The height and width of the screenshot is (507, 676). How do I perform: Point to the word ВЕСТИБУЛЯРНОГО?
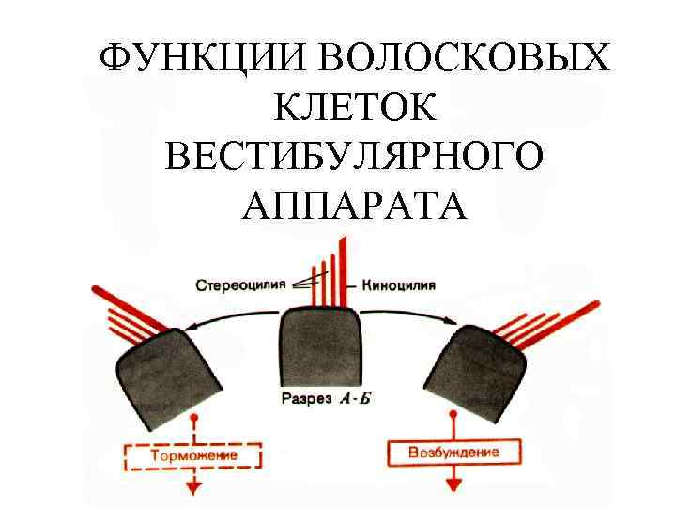[353, 157]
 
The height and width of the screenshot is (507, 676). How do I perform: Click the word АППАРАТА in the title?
[353, 204]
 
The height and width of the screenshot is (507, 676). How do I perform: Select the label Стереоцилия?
[239, 283]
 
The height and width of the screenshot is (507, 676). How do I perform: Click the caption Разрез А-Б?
[328, 398]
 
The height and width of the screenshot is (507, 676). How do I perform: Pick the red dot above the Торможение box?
[193, 417]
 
